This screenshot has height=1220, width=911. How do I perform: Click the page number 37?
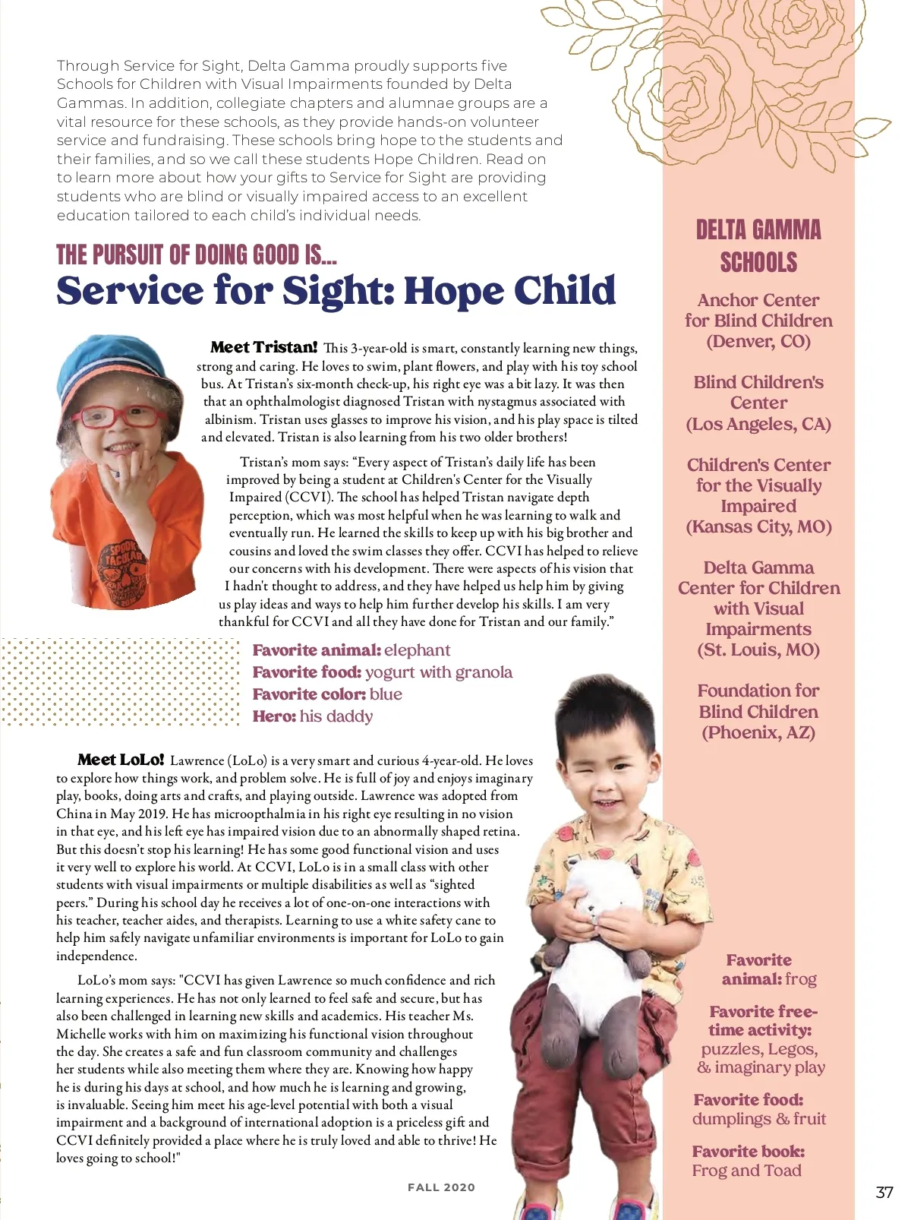(x=884, y=1192)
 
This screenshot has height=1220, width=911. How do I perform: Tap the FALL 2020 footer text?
(x=441, y=1187)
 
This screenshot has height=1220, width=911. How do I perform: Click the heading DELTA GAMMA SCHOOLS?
(x=758, y=246)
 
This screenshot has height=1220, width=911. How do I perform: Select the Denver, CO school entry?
(x=758, y=321)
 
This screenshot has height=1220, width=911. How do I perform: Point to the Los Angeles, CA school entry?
(x=758, y=403)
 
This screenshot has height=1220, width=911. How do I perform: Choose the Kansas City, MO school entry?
(x=758, y=496)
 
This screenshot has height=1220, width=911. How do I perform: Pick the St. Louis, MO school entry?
(x=758, y=608)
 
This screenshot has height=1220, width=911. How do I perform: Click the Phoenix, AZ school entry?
(x=758, y=712)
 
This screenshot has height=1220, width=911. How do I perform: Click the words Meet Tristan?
(x=263, y=347)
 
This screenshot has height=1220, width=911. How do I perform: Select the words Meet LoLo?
(x=121, y=760)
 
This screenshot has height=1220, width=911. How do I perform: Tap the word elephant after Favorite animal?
(x=417, y=650)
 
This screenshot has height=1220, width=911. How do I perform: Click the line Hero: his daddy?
(x=313, y=716)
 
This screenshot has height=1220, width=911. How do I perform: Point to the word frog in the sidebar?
(x=801, y=979)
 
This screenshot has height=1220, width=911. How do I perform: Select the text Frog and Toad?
(x=746, y=1171)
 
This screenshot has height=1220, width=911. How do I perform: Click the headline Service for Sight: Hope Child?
(x=336, y=291)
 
